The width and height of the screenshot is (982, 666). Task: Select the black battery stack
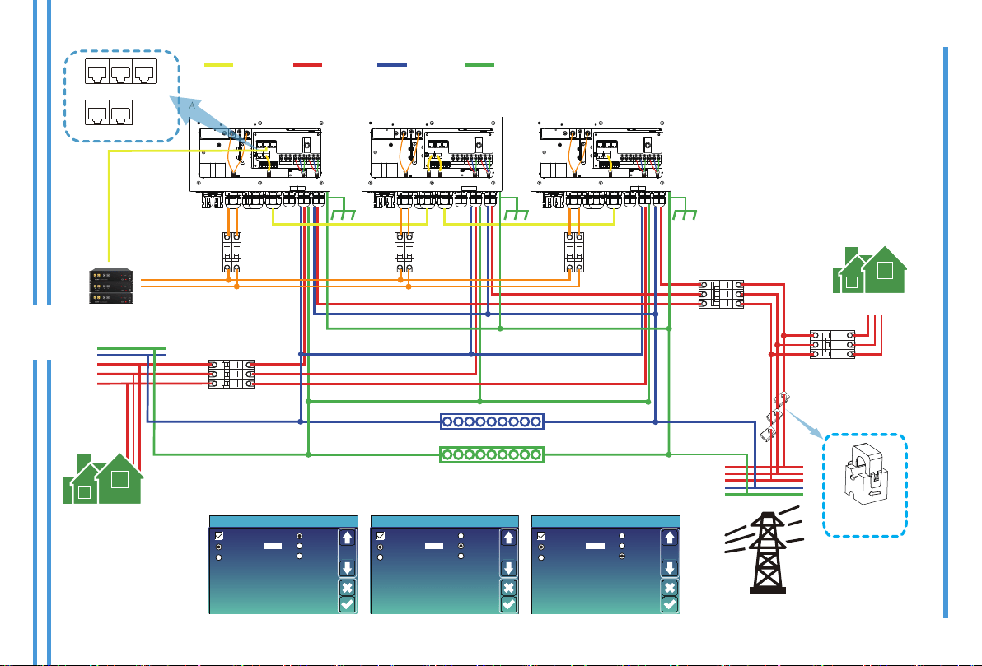111,286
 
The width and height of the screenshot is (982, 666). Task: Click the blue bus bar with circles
492,421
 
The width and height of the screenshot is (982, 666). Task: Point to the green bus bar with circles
492,454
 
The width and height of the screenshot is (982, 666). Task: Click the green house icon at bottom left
103,478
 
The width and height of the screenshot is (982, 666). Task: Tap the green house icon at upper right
870,270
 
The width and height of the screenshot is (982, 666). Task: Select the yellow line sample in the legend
218,64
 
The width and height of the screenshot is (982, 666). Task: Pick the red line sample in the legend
307,64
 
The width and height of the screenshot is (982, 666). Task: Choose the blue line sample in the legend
392,64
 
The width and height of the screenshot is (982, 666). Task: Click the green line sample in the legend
479,64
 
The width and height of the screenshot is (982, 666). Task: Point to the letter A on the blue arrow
192,106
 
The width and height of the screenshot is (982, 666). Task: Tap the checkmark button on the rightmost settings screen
670,604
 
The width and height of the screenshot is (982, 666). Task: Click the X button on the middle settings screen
508,588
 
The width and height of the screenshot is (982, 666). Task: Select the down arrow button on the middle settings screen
508,568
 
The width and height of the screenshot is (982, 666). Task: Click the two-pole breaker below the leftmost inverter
232,252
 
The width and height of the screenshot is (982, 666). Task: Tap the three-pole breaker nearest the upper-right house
832,343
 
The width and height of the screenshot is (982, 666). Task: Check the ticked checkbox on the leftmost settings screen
219,536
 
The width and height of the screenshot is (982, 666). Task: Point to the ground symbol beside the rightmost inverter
684,213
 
